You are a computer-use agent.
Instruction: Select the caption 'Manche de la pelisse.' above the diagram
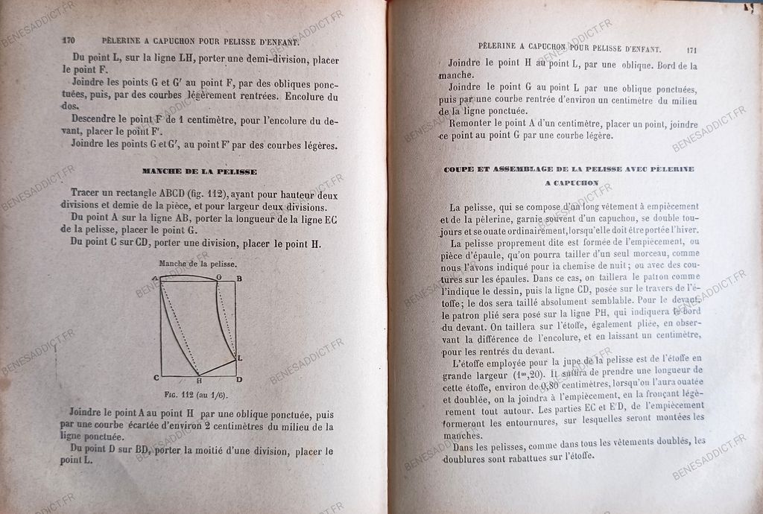click(197, 264)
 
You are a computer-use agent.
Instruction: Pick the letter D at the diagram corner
click(238, 379)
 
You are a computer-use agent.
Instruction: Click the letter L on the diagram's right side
click(239, 358)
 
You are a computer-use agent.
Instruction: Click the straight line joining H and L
click(217, 367)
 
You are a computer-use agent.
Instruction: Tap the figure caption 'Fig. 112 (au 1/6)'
click(196, 394)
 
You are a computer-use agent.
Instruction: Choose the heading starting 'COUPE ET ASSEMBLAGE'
click(569, 169)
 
